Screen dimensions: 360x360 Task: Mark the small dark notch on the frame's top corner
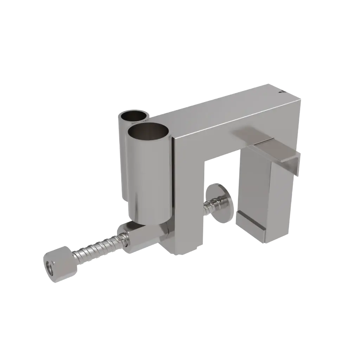pos(280,93)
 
